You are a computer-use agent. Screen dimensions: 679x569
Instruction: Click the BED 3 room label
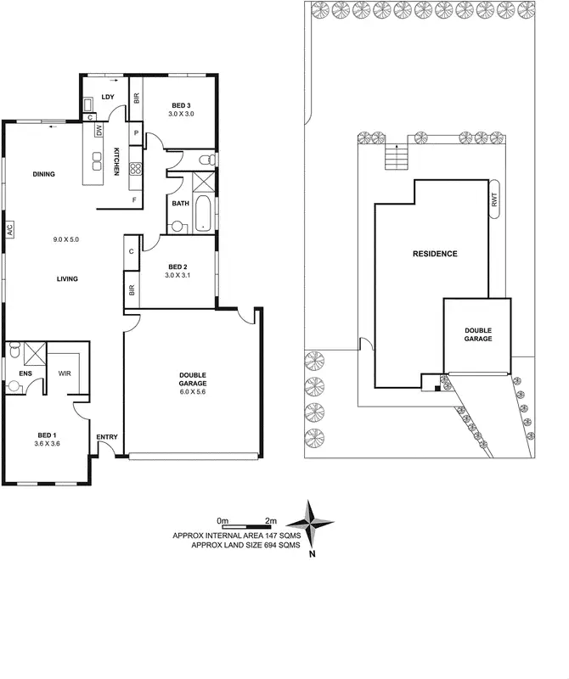[182, 105]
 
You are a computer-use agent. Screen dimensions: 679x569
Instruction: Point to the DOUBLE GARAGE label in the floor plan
[193, 379]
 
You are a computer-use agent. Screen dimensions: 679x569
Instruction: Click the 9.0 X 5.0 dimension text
[65, 240]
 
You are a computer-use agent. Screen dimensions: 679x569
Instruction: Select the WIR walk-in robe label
[65, 373]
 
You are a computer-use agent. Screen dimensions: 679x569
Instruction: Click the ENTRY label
[106, 437]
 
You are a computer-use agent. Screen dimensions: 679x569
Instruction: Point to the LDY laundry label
[108, 97]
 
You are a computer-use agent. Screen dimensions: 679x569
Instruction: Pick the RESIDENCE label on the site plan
[435, 254]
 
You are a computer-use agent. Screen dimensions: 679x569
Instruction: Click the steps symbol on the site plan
[396, 158]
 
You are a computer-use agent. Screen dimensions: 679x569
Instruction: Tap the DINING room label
[43, 175]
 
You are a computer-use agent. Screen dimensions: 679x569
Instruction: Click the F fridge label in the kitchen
[133, 199]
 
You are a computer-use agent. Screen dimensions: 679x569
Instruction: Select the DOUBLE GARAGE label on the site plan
[476, 334]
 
